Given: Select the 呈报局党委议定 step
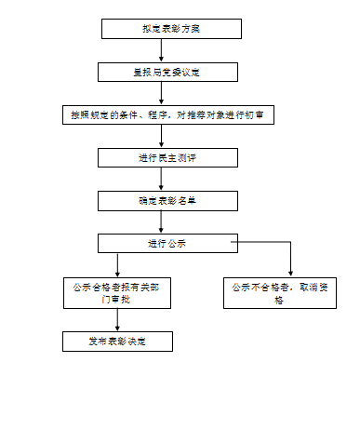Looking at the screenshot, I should click(163, 72).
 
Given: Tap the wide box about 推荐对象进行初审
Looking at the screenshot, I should click(167, 114).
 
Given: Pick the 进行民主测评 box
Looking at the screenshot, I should click(163, 157).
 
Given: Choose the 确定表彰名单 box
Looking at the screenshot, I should click(163, 200).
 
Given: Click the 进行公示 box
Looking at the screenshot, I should click(163, 243).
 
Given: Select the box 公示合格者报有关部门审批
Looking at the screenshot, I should click(117, 294).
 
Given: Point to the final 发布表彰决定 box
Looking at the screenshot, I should click(117, 342).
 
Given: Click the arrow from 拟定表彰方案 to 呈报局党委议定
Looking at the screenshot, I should click(163, 50).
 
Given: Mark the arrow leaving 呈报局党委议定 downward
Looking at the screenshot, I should click(163, 93).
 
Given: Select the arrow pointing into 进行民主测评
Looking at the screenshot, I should click(163, 138).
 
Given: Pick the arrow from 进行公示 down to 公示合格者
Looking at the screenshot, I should click(117, 264).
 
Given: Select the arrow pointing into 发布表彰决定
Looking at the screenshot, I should click(117, 323).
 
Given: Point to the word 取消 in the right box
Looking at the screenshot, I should click(312, 288).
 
